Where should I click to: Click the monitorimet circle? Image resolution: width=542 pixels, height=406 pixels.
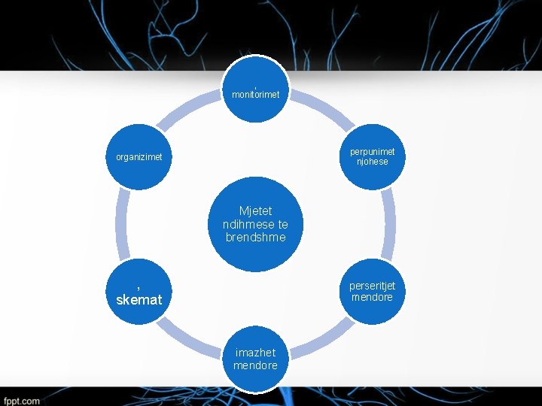[x=255, y=89]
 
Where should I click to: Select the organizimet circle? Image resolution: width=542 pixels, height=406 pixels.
[x=139, y=156]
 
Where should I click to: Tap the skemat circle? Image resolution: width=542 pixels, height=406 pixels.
[x=139, y=292]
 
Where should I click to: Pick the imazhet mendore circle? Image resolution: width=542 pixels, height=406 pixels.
[x=255, y=359]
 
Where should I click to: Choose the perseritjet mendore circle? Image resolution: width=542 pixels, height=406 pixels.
[x=373, y=292]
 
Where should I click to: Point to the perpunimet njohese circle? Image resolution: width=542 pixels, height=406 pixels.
[x=373, y=156]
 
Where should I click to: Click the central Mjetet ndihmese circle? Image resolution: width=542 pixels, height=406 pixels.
[x=255, y=224]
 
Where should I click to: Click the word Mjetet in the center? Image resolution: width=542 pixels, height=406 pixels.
[x=255, y=211]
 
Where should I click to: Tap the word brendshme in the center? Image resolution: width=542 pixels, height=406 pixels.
[x=255, y=237]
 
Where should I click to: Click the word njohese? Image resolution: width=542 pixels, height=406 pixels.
[x=373, y=162]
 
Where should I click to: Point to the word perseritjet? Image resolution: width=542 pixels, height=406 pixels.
[x=373, y=286]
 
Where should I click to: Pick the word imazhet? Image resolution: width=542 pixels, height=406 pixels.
[x=255, y=353]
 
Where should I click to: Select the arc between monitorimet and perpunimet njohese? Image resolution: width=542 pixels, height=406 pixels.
[x=323, y=109]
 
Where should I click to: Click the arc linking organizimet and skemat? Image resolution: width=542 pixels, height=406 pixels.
[x=122, y=224]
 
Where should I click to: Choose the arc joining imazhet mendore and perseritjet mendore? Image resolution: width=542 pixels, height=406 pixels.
[x=323, y=340]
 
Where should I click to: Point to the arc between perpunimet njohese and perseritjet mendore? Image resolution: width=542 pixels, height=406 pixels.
[x=390, y=224]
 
